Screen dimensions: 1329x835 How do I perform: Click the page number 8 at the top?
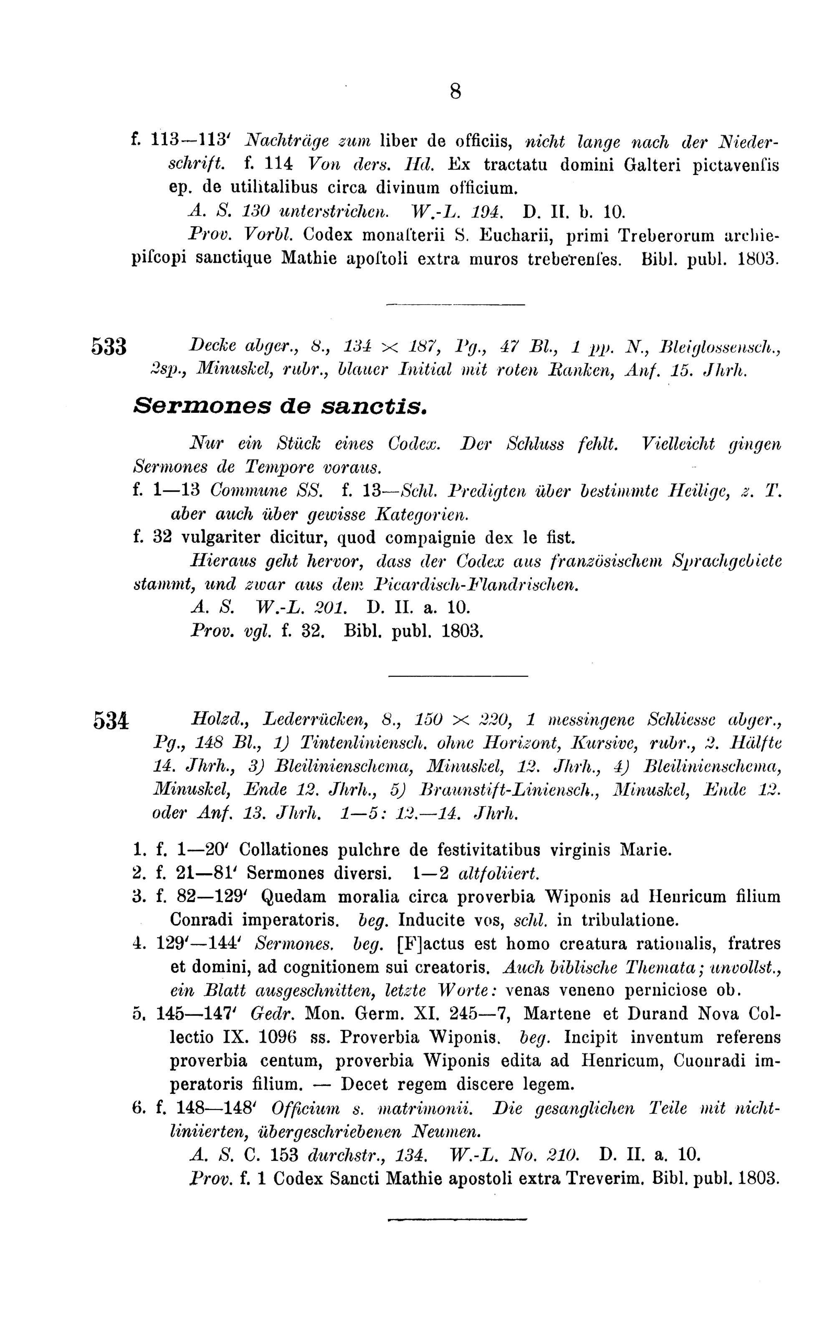click(x=455, y=91)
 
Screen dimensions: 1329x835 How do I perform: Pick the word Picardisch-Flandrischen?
click(x=476, y=584)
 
